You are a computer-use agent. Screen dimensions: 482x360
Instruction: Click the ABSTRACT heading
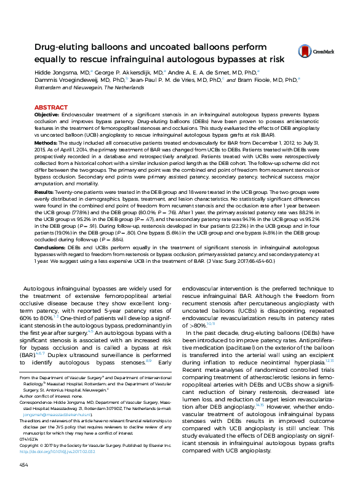(x=51, y=107)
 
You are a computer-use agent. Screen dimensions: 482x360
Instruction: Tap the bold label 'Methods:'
(x=46, y=142)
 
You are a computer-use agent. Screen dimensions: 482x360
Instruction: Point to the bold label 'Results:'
(x=45, y=193)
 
